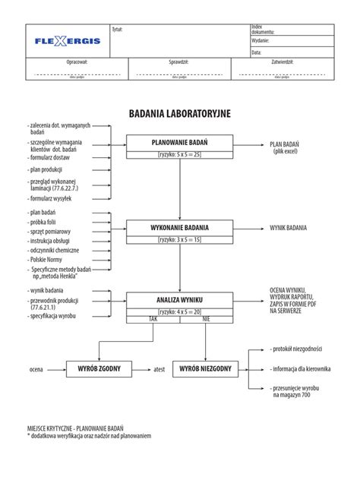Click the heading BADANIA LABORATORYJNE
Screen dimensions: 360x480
(x=179, y=114)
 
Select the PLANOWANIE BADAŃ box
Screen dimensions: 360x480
(x=180, y=142)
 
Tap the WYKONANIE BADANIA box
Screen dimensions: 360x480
(x=180, y=227)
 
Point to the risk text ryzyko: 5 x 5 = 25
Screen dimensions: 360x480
(x=180, y=155)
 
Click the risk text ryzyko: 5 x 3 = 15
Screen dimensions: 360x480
(x=180, y=239)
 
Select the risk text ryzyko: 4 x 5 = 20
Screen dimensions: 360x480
(x=180, y=311)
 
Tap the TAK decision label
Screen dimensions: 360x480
(x=153, y=320)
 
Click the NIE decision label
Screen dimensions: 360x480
(x=206, y=320)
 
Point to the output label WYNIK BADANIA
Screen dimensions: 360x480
(x=289, y=227)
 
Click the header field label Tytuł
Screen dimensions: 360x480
(x=117, y=29)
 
